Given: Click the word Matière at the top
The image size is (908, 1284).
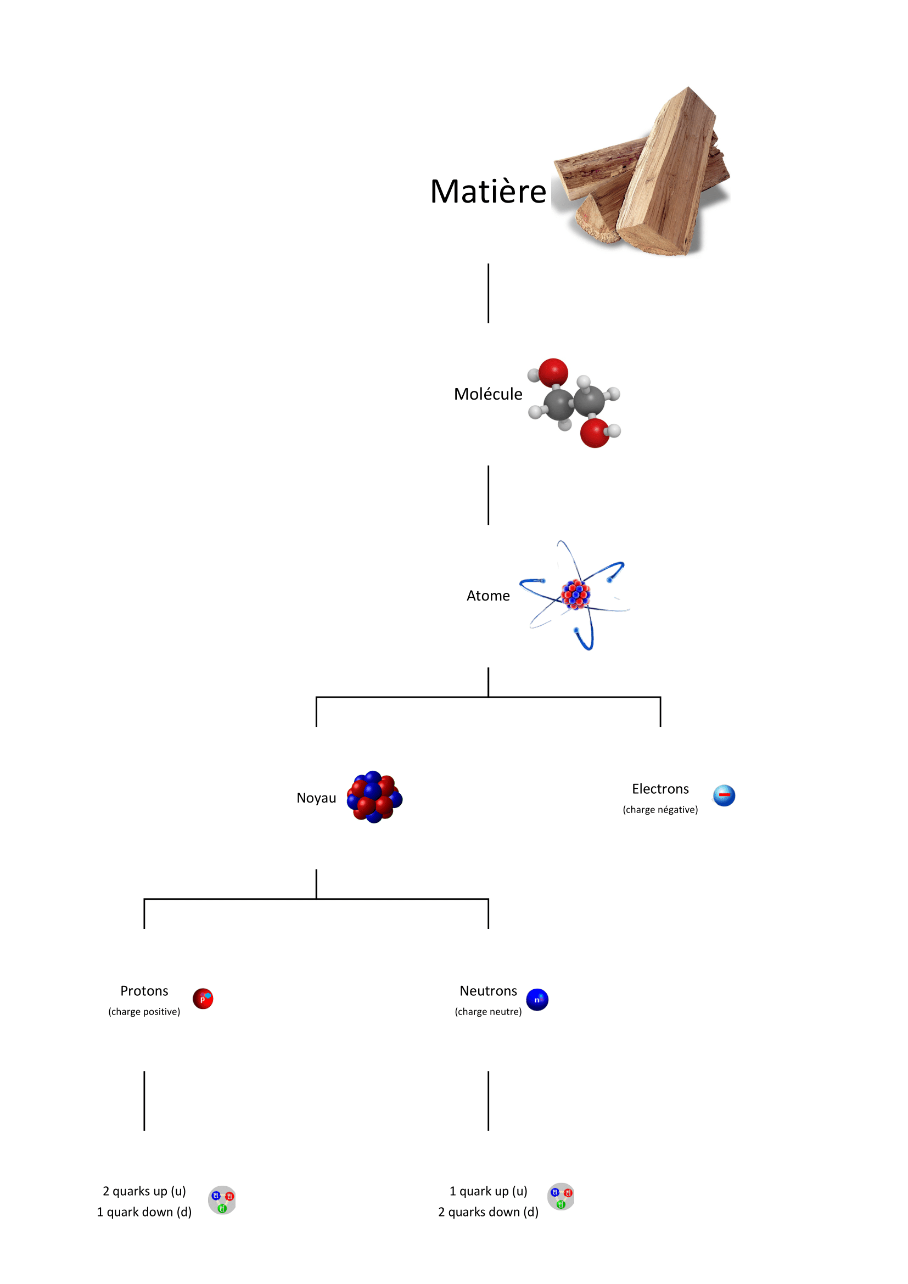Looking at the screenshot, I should click(x=487, y=191).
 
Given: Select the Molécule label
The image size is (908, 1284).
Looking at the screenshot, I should click(x=487, y=394).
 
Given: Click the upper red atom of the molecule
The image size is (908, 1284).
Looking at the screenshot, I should click(x=553, y=372).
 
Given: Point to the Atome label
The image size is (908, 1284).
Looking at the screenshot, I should click(x=487, y=596).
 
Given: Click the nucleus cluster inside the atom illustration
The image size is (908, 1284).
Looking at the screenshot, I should click(x=575, y=594).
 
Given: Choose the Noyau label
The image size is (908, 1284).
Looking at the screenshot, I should click(x=316, y=798).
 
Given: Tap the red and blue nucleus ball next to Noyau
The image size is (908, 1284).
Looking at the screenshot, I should click(x=374, y=797).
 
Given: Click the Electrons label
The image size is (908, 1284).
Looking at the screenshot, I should click(x=660, y=789).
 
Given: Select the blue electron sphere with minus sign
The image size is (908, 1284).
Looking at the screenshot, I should click(x=724, y=795).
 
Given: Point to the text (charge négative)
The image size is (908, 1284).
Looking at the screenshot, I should click(x=660, y=810).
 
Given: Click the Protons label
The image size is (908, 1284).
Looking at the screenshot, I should click(x=144, y=991).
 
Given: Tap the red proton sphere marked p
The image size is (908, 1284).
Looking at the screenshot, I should click(x=203, y=999).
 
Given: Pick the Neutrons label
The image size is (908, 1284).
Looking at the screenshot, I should click(x=487, y=991).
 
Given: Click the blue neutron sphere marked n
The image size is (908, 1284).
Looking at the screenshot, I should click(x=537, y=999).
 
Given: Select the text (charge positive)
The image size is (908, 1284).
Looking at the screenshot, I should click(x=144, y=1012).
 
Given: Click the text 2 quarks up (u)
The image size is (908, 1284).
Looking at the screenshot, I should click(x=144, y=1191).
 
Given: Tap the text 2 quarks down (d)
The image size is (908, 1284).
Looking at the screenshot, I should click(x=487, y=1212).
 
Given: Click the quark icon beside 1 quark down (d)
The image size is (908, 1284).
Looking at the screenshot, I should click(x=222, y=1200).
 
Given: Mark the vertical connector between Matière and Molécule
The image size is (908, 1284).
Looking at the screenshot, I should click(x=488, y=293).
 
